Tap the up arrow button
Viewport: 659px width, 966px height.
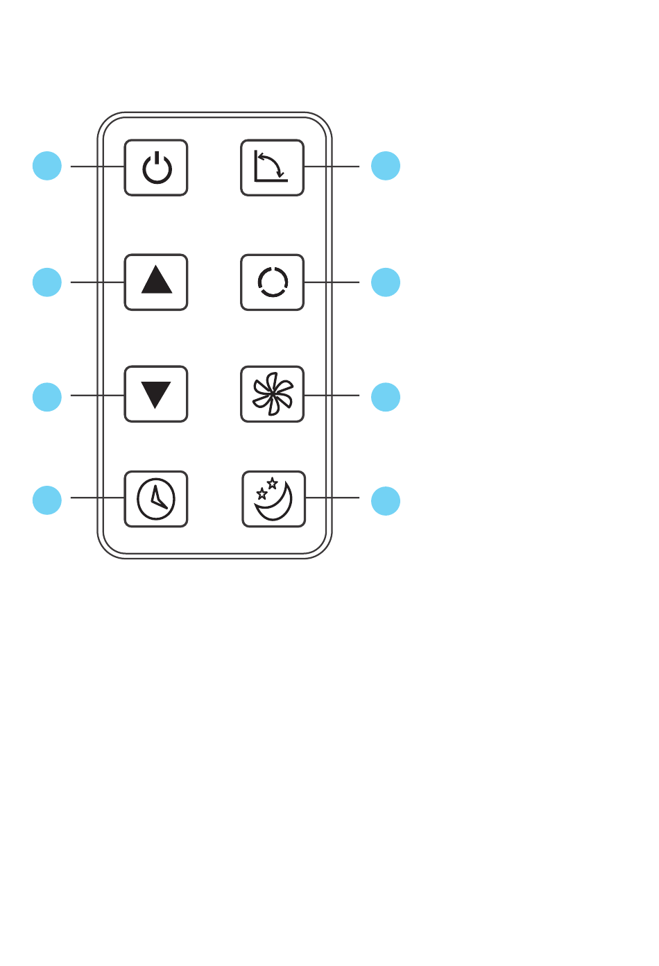click(156, 282)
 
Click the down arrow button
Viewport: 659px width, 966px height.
click(156, 393)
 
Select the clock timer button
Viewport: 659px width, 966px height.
click(156, 499)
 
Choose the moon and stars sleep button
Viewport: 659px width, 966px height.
click(274, 499)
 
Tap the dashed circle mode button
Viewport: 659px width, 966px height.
click(273, 282)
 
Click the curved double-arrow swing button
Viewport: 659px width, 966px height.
click(273, 167)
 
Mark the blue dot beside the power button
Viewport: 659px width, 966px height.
click(47, 166)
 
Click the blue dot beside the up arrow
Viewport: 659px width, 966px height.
click(47, 282)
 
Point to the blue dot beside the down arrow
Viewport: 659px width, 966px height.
click(47, 396)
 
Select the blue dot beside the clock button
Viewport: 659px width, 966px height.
click(47, 500)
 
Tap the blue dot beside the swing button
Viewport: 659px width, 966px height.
click(386, 166)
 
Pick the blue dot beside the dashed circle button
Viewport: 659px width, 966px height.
click(386, 282)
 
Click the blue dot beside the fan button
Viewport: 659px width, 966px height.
click(386, 396)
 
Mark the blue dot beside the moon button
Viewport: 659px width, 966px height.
click(386, 501)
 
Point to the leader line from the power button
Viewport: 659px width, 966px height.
click(97, 167)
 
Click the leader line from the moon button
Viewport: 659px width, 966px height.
click(333, 498)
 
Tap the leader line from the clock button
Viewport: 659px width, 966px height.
click(97, 498)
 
